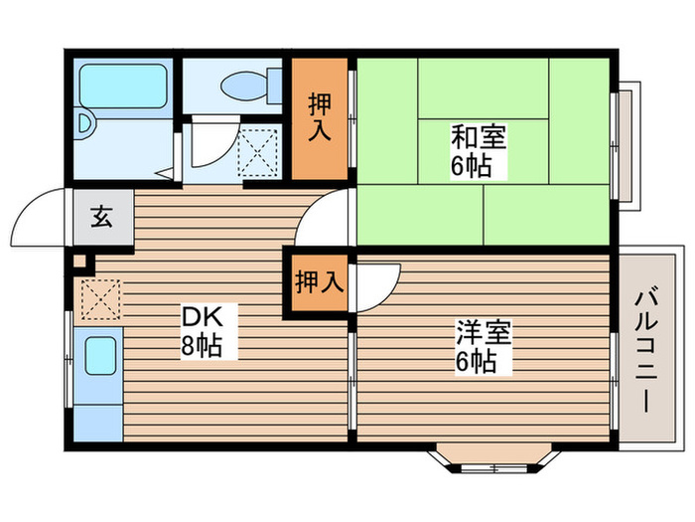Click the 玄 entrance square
pos(101,215)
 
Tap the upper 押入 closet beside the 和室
pos(320,117)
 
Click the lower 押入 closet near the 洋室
pos(319,283)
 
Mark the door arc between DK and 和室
pos(328,217)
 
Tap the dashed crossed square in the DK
pos(99,298)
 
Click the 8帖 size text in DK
pos(202,346)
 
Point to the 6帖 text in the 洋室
pos(476,362)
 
